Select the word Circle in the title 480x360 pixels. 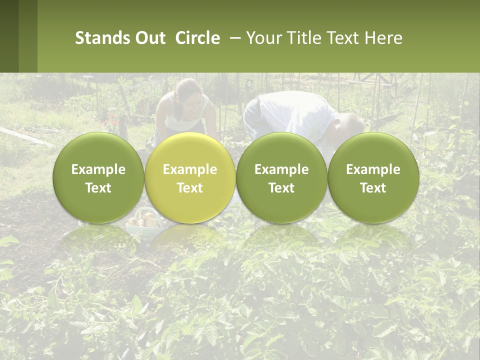tap(197, 38)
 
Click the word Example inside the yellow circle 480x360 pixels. tap(190, 170)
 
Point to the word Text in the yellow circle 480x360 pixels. tap(190, 188)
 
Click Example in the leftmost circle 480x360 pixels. tap(98, 170)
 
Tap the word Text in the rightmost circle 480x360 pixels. tap(373, 188)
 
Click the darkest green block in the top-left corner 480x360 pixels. tap(9, 36)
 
